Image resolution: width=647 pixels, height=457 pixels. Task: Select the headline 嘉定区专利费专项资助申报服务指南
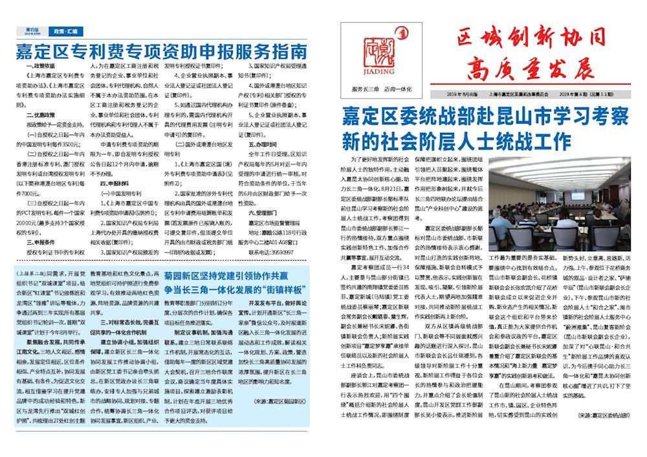click(x=161, y=51)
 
